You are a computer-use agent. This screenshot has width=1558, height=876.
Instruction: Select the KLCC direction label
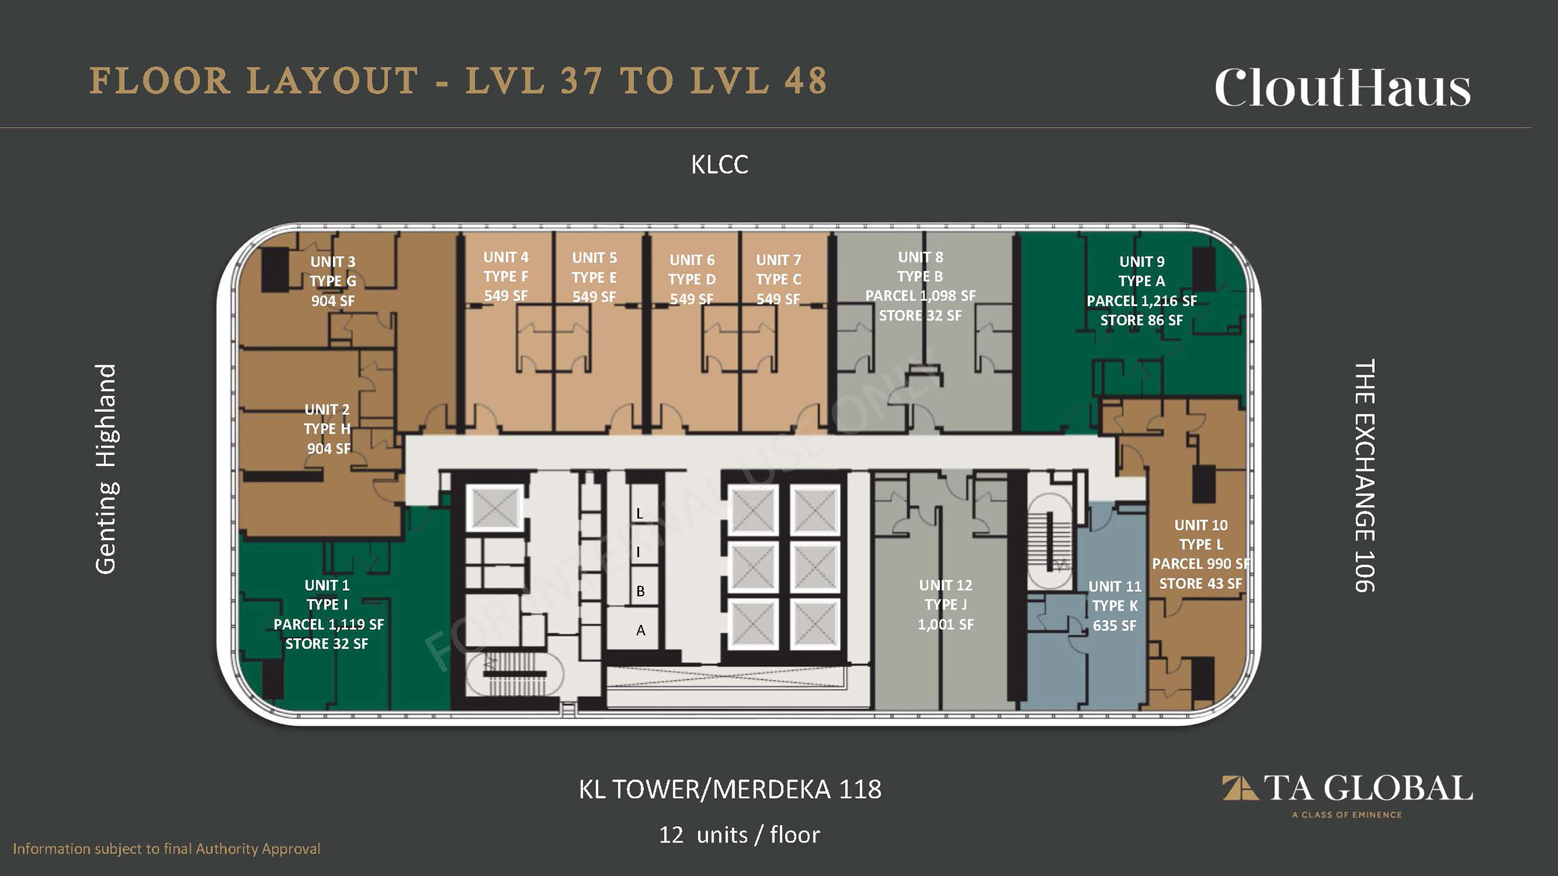pos(719,165)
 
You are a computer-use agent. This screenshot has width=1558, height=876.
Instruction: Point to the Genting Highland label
pos(107,468)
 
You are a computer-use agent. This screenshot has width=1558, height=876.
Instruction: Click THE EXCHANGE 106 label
pos(1364,476)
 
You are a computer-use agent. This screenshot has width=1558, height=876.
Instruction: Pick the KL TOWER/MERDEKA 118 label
pos(730,789)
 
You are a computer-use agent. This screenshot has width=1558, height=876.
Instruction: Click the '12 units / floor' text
pos(739,835)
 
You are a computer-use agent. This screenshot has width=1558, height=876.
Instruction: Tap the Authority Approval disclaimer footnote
pos(166,849)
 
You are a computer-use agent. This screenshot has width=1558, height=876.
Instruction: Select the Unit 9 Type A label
pos(1142,291)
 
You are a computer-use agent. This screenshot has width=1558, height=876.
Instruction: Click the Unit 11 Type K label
pos(1114,606)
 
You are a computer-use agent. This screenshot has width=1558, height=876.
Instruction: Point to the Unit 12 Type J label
pos(946,605)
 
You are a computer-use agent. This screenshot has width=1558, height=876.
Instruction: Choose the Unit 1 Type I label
pos(328,614)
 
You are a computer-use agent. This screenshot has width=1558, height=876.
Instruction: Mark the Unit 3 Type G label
pos(333,281)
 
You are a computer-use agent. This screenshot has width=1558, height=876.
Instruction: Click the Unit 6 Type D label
pos(692,279)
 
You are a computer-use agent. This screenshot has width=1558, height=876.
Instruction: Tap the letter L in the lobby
pos(640,513)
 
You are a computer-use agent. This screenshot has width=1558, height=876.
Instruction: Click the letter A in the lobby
pos(641,630)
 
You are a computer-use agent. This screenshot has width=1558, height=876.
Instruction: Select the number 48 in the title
pos(806,80)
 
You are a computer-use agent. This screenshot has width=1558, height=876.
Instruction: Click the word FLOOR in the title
pos(160,80)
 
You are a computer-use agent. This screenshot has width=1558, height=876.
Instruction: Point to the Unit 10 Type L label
pos(1201,554)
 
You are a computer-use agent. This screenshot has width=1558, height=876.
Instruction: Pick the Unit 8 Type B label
pos(921,286)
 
